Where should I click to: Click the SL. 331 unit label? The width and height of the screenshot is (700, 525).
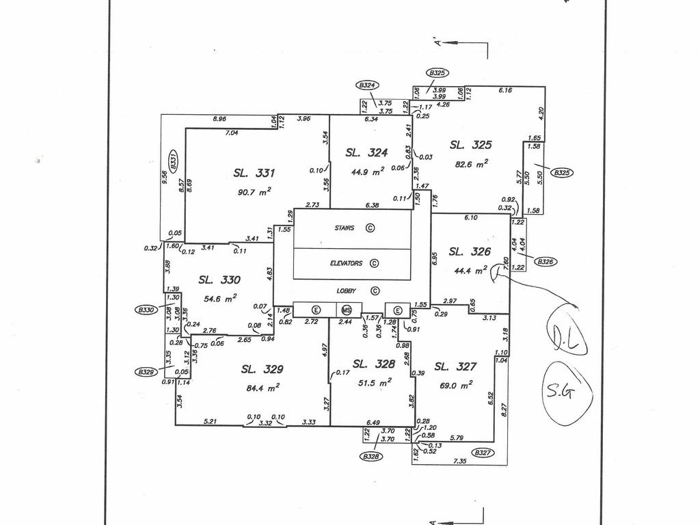pyautogui.click(x=254, y=174)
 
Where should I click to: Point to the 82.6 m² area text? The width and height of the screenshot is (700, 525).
pyautogui.click(x=471, y=165)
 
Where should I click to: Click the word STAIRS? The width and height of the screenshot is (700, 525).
pyautogui.click(x=345, y=228)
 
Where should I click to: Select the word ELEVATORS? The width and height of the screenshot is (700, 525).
pyautogui.click(x=346, y=263)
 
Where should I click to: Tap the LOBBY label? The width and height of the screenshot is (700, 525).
pyautogui.click(x=347, y=291)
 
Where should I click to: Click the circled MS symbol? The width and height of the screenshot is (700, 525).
pyautogui.click(x=347, y=310)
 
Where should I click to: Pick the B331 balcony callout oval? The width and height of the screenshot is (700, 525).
pyautogui.click(x=173, y=161)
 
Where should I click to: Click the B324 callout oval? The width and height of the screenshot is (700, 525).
pyautogui.click(x=367, y=85)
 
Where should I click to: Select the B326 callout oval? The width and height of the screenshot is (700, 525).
pyautogui.click(x=545, y=261)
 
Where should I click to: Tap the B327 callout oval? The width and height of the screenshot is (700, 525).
pyautogui.click(x=483, y=452)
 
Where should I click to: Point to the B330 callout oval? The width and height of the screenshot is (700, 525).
pyautogui.click(x=145, y=310)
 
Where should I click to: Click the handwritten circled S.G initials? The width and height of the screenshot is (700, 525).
pyautogui.click(x=567, y=393)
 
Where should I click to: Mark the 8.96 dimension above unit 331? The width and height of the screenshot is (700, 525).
pyautogui.click(x=219, y=119)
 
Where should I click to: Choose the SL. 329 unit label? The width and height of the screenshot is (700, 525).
pyautogui.click(x=262, y=369)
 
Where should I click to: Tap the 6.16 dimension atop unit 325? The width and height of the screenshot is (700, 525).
pyautogui.click(x=505, y=90)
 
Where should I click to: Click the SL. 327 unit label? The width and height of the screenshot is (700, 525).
pyautogui.click(x=455, y=367)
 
